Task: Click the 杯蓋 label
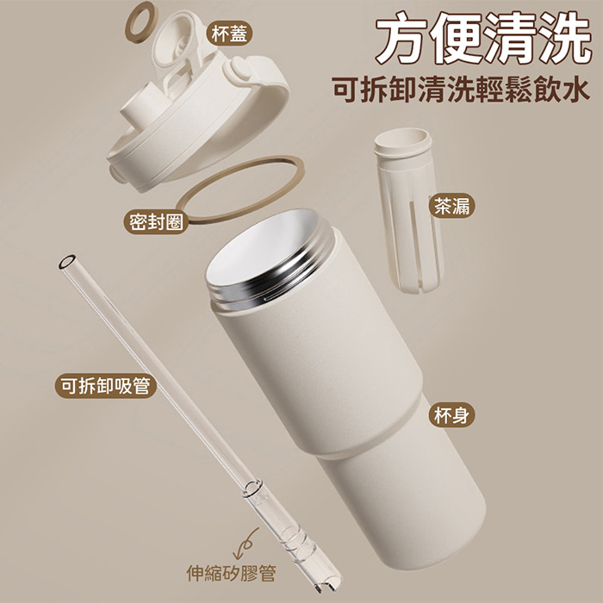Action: coord(229,34)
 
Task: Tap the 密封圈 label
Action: coord(156,222)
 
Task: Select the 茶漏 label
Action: coord(452,206)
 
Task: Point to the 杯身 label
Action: coord(452,415)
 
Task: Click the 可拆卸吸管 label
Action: coord(105,386)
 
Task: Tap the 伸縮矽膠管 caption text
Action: coord(231,573)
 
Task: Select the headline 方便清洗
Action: coord(483,38)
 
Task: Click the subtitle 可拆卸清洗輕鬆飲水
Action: coord(461,89)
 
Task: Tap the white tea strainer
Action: coord(409,209)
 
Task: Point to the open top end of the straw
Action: coord(67,262)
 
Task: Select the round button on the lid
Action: coord(240,69)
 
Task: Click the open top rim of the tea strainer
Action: coord(402,140)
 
